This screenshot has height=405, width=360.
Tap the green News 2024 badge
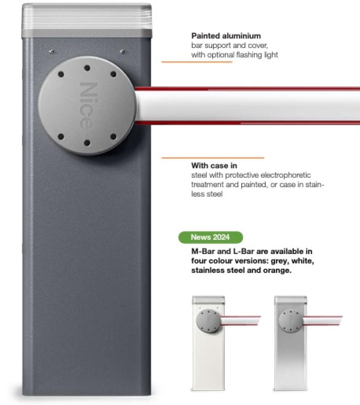[211, 237]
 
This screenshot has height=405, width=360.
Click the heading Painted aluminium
[226, 36]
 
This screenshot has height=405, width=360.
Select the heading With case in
[214, 165]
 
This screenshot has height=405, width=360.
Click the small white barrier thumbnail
[226, 343]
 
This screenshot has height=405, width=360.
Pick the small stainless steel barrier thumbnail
[308, 343]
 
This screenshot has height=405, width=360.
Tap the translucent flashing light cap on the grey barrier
[87, 16]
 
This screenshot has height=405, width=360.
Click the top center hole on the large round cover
[87, 68]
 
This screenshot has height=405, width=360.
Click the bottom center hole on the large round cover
[87, 143]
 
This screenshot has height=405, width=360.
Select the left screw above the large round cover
[52, 52]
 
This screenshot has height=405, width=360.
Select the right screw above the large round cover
[122, 52]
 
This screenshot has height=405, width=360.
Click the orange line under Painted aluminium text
[197, 62]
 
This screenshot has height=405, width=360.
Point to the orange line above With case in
[213, 158]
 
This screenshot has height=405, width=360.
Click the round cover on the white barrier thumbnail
[209, 321]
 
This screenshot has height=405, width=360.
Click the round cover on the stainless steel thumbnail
[290, 321]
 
